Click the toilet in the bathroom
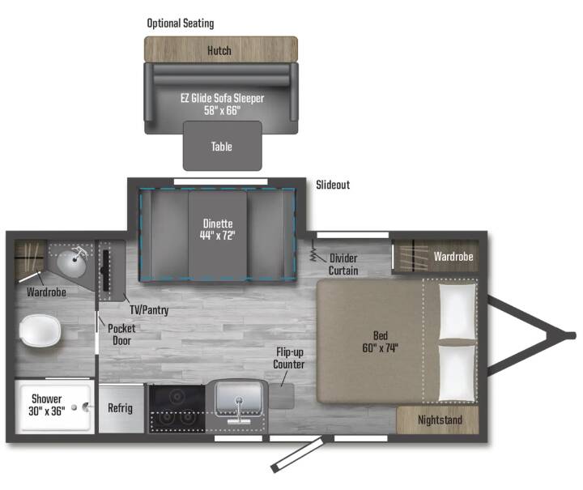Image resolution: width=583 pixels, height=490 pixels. coord(40,330)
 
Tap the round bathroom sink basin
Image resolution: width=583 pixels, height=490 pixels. coord(71,263)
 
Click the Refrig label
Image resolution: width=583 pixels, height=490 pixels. coord(120,408)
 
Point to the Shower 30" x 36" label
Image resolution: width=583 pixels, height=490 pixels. coord(46,405)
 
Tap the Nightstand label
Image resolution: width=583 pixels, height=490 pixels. coord(440,420)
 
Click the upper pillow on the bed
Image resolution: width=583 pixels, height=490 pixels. coord(457,312)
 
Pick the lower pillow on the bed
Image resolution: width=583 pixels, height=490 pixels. coord(457,373)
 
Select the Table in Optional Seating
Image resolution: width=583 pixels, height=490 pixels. coord(223,146)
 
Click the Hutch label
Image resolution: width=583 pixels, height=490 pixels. coord(219,50)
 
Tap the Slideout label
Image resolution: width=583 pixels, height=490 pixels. coord(333,185)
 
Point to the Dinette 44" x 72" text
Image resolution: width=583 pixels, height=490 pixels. coord(218,229)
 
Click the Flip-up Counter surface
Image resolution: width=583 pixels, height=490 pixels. coord(282,396)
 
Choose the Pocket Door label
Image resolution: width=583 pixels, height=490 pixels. coord(121,334)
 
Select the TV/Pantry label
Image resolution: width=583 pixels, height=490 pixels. coord(149,309)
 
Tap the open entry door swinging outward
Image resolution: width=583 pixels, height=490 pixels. coord(297,454)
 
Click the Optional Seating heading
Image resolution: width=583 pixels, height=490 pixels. coord(181,23)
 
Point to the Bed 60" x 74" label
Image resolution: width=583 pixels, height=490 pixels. coord(380,342)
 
